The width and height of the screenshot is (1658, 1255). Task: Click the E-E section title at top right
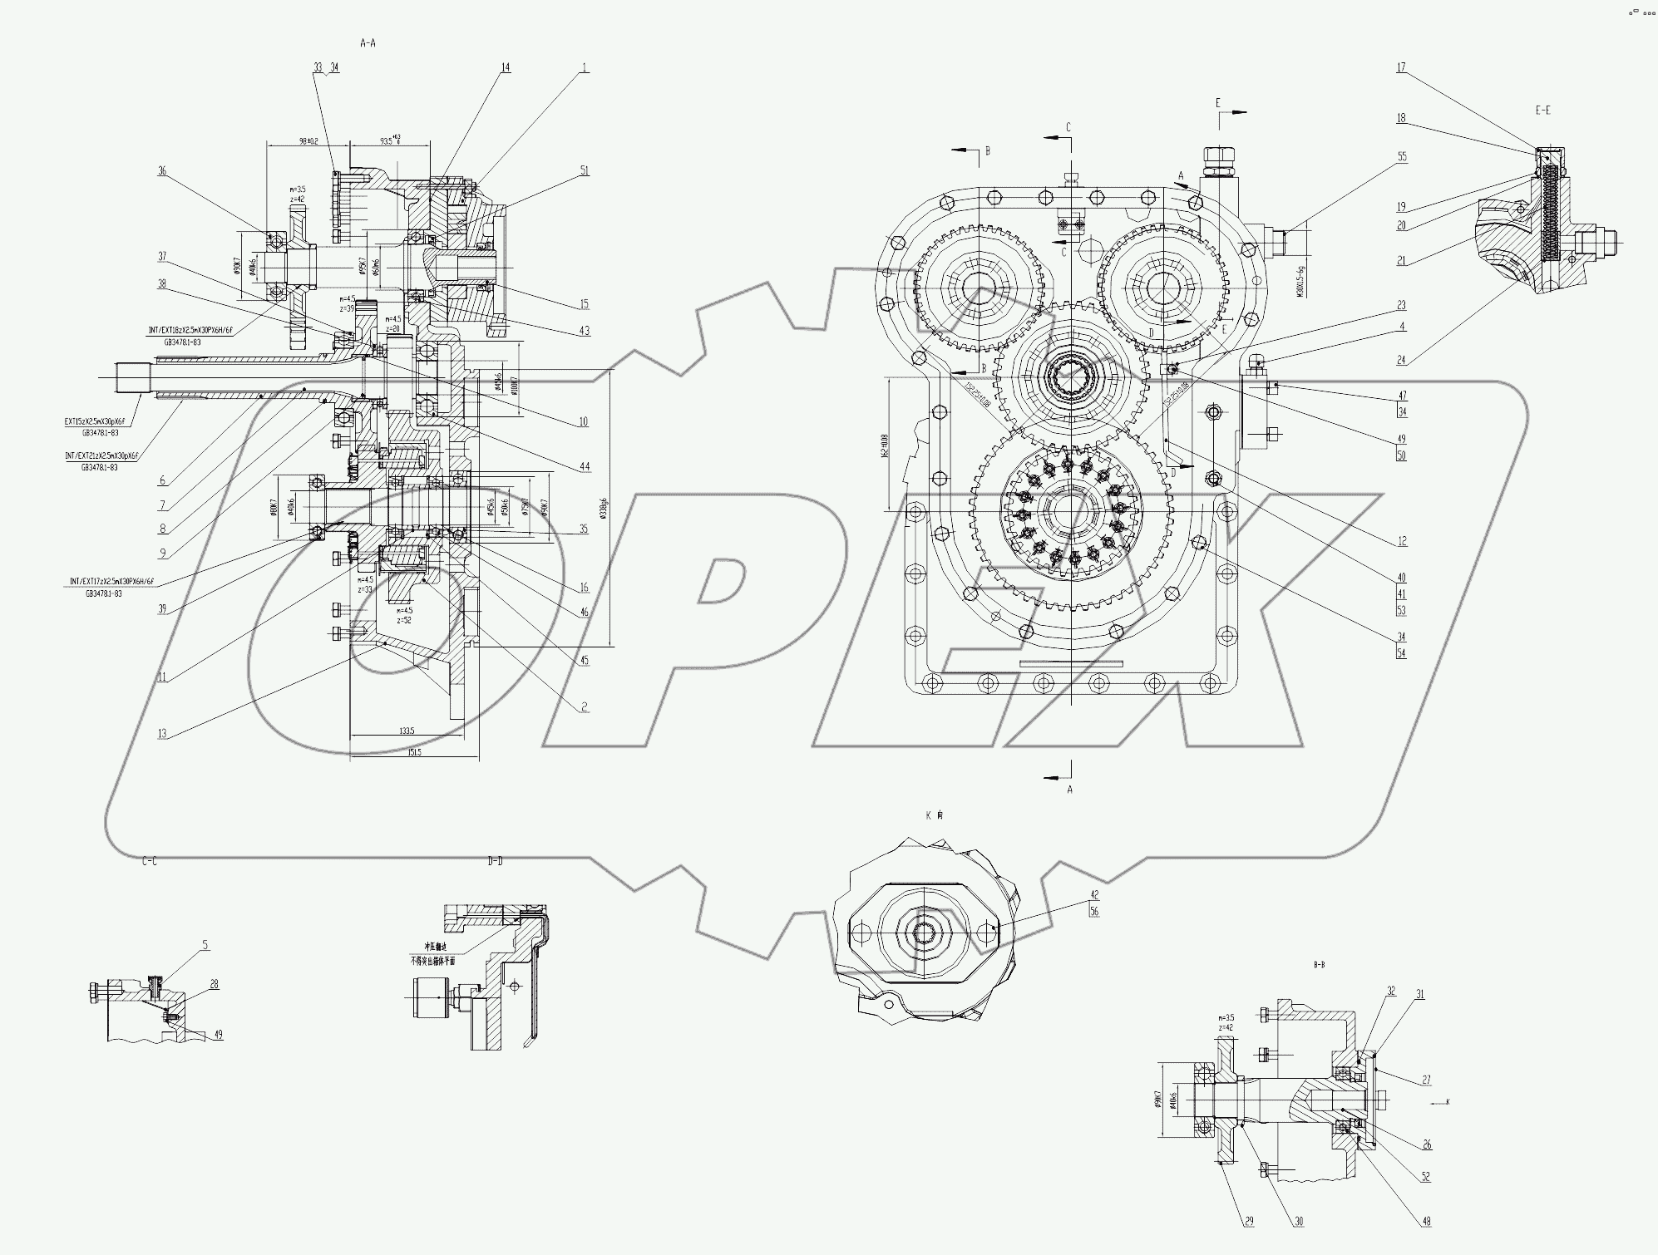click(x=1543, y=110)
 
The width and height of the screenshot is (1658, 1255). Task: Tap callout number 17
click(x=1401, y=67)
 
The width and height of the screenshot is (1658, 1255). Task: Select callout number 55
click(x=1402, y=156)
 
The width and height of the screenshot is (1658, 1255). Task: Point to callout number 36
click(x=162, y=171)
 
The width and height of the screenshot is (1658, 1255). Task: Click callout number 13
click(x=162, y=733)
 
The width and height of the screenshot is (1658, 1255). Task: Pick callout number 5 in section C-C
click(x=205, y=945)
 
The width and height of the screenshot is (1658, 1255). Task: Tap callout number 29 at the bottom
click(x=1249, y=1222)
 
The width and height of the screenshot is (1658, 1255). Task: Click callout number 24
click(x=1402, y=360)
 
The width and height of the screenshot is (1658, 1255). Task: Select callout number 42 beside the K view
click(x=1095, y=895)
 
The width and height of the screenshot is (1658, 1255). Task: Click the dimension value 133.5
click(x=407, y=731)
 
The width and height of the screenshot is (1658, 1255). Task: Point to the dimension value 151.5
click(x=415, y=751)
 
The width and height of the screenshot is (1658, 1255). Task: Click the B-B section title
click(x=1319, y=965)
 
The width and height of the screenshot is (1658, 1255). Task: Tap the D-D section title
click(x=495, y=861)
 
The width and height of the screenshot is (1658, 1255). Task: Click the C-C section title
click(x=150, y=861)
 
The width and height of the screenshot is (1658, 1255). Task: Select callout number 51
click(x=585, y=170)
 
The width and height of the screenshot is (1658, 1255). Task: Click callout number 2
click(x=585, y=707)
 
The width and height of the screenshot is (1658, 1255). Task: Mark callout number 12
click(x=1402, y=541)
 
